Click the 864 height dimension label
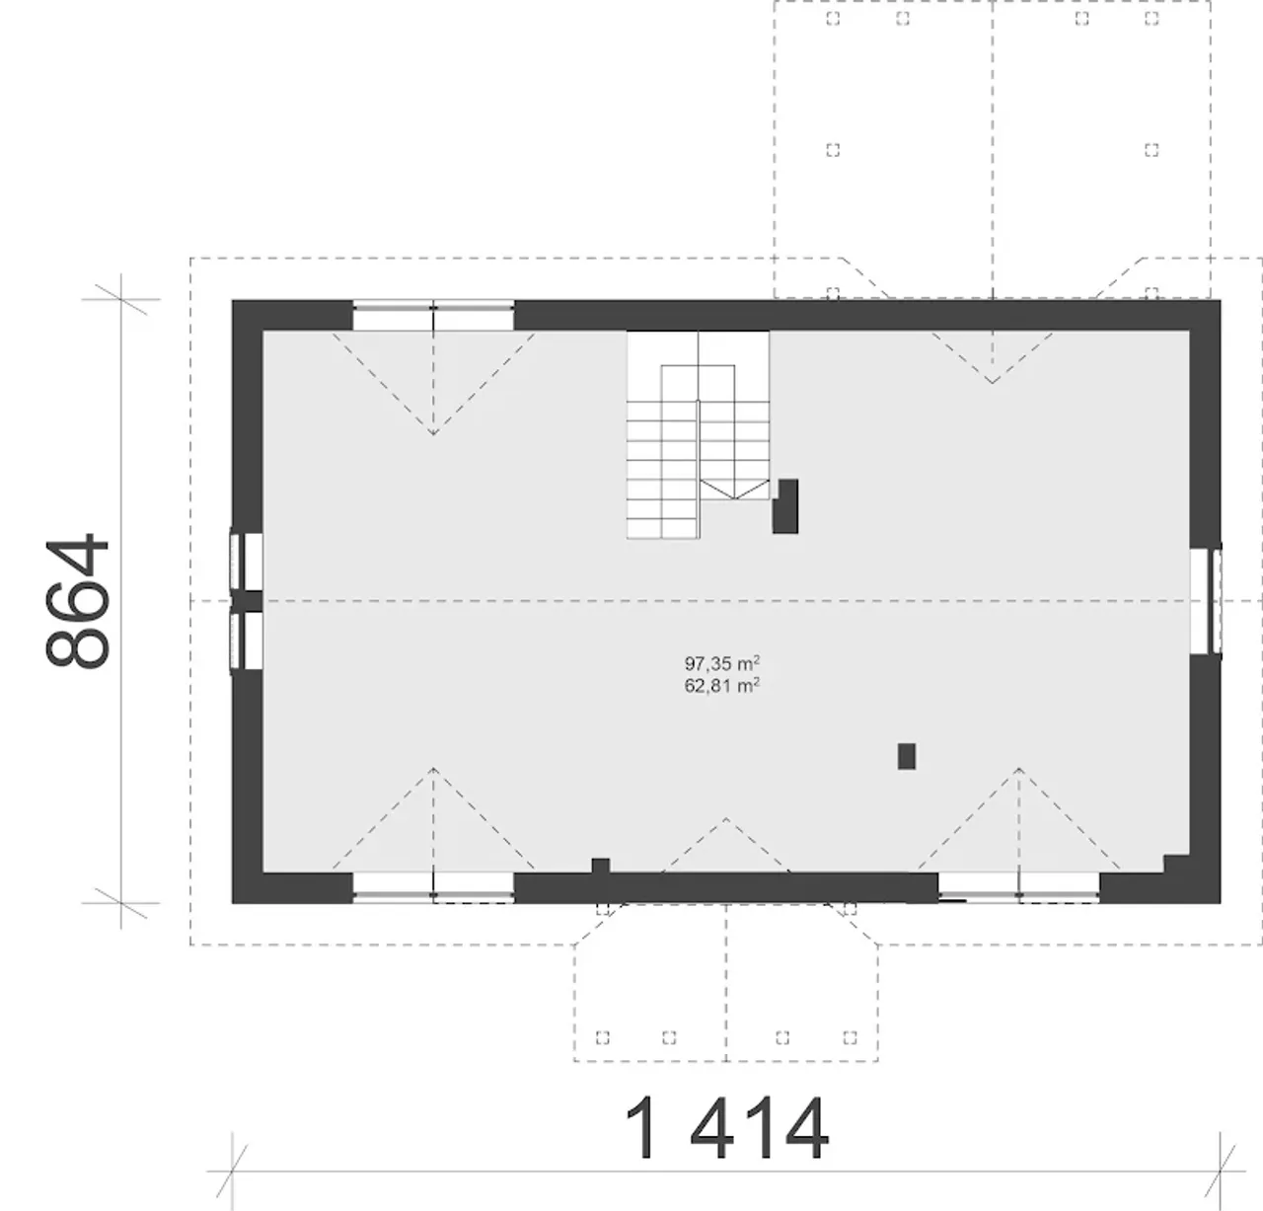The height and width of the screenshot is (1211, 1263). tap(77, 601)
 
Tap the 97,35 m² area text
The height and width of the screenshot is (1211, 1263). tap(721, 663)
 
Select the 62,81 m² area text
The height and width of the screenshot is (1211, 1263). tap(721, 686)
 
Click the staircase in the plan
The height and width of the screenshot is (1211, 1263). tap(698, 434)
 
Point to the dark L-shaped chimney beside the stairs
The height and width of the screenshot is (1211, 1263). tap(785, 506)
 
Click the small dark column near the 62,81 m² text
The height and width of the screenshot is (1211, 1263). tap(907, 756)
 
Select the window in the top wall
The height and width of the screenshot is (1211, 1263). tap(433, 315)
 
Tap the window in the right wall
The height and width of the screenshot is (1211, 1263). tap(1206, 601)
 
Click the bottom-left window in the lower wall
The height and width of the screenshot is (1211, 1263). tap(433, 887)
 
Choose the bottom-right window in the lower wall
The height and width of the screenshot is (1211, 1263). tap(1019, 887)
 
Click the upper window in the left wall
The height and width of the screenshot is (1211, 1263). tap(247, 562)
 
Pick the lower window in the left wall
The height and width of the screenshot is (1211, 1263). tap(247, 641)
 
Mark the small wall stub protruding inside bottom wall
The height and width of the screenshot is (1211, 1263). tap(600, 866)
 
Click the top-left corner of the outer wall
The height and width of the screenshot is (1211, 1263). tap(232, 300)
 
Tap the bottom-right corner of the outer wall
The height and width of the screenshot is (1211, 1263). tap(1221, 903)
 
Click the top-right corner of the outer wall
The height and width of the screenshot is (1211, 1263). tap(1221, 300)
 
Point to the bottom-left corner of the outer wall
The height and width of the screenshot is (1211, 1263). tap(232, 903)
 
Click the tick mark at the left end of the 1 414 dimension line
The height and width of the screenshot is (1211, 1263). tap(232, 1172)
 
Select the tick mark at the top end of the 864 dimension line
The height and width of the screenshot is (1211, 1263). tap(121, 299)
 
